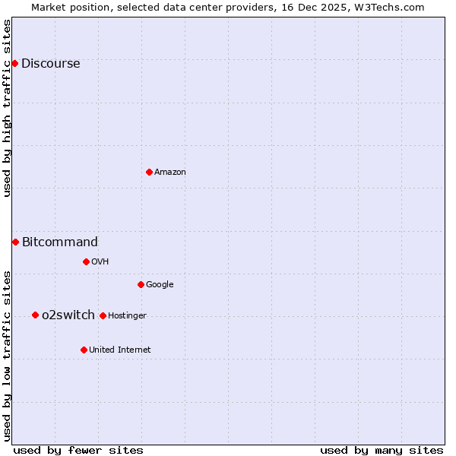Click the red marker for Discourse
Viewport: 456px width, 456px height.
coord(14,63)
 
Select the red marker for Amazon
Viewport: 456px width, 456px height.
coord(149,172)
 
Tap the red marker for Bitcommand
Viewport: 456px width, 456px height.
coord(15,242)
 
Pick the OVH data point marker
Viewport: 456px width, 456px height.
coord(86,261)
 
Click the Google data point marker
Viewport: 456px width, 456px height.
coord(141,284)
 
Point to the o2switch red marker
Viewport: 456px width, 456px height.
coord(35,315)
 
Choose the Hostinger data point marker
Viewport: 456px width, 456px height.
coord(103,315)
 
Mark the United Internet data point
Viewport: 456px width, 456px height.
coord(84,350)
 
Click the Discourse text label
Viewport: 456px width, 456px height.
coord(50,64)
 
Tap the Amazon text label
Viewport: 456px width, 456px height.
coord(170,173)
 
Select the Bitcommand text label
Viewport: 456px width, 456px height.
coord(60,242)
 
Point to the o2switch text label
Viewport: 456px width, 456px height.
coord(68,315)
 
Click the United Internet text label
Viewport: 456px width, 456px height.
coord(120,350)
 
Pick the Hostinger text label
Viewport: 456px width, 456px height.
coord(127,316)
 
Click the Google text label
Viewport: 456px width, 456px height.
coord(160,285)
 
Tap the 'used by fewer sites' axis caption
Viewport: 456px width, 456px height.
coord(78,451)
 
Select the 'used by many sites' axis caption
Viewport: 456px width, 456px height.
coord(382,451)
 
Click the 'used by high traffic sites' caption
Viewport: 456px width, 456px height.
coord(8,108)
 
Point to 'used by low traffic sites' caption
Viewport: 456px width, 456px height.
coord(8,356)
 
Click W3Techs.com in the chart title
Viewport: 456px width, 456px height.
coord(391,8)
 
